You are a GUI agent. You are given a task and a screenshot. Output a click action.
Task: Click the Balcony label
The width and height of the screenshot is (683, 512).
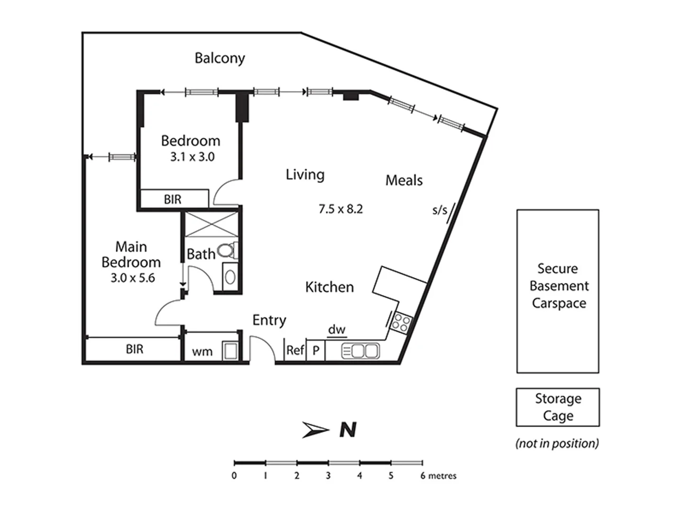coord(220,58)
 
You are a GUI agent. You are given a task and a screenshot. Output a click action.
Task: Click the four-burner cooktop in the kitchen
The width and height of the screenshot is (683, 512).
coord(401,323)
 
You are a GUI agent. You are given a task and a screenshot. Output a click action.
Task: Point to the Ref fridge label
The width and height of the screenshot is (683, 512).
coord(295,350)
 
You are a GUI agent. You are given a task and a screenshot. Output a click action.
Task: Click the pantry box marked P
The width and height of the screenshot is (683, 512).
coord(316,351)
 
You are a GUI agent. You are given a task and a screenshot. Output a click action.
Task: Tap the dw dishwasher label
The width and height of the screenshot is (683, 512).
coord(337,329)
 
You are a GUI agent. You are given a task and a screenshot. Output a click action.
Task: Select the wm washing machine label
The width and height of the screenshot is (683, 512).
coord(202,352)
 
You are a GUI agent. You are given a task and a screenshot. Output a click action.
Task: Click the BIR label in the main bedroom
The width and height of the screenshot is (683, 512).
coord(134,349)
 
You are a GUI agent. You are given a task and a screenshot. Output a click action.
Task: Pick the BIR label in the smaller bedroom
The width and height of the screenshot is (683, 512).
coord(173,200)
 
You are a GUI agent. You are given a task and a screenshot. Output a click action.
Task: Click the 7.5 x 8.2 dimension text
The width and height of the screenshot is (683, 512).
coord(341,209)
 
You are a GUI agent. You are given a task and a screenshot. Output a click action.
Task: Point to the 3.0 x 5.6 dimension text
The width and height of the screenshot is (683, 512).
coord(133,278)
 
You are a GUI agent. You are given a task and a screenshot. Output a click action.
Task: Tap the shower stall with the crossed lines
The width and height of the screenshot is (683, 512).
coord(211,224)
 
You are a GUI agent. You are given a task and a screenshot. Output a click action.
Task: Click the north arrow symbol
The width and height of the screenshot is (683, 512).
coord(315,430)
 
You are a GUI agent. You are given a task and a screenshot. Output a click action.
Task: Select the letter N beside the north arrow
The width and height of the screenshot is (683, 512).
coord(348,430)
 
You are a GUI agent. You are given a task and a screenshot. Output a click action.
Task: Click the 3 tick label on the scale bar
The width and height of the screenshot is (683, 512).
coord(328,475)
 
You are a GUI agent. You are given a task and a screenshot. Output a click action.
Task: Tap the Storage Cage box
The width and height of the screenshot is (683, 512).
coord(558,407)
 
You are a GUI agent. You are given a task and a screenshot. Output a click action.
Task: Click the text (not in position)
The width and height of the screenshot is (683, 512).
coord(557,443)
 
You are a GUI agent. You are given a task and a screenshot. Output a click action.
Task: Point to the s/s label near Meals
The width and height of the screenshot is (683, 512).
coord(440,210)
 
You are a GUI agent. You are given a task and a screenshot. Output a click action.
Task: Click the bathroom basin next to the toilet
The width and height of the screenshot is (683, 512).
coord(230,277)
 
